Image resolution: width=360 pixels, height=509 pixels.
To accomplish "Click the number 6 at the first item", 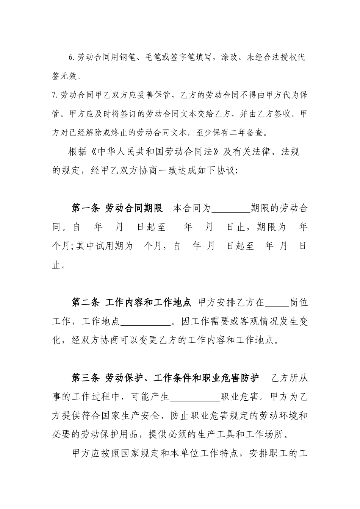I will pos(71,58).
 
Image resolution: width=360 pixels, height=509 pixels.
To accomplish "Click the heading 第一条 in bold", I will pos(86,208).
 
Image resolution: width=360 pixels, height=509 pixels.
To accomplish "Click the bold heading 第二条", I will pos(86,303).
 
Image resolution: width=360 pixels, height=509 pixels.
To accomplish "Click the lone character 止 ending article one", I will pos(56,265).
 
